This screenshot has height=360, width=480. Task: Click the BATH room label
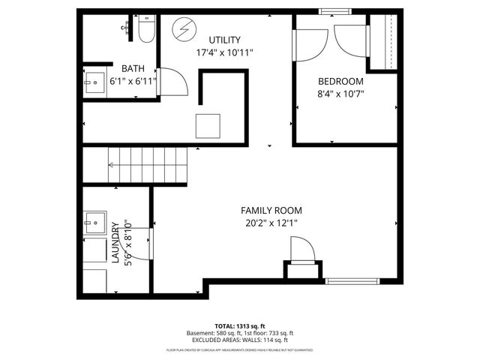[122, 67]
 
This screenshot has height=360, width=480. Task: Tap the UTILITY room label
[225, 40]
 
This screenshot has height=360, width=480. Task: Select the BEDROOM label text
[340, 82]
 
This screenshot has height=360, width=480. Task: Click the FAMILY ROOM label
[271, 211]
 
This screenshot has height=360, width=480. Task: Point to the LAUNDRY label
[115, 243]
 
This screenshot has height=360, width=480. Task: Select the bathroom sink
[94, 85]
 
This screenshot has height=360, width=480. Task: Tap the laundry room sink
[94, 223]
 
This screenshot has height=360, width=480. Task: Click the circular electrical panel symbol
[182, 31]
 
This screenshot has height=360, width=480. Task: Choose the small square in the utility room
[208, 125]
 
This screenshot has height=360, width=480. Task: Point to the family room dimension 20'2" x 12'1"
[271, 223]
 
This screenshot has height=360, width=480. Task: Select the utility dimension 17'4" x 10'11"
[225, 53]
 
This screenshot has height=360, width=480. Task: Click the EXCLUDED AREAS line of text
[240, 340]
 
